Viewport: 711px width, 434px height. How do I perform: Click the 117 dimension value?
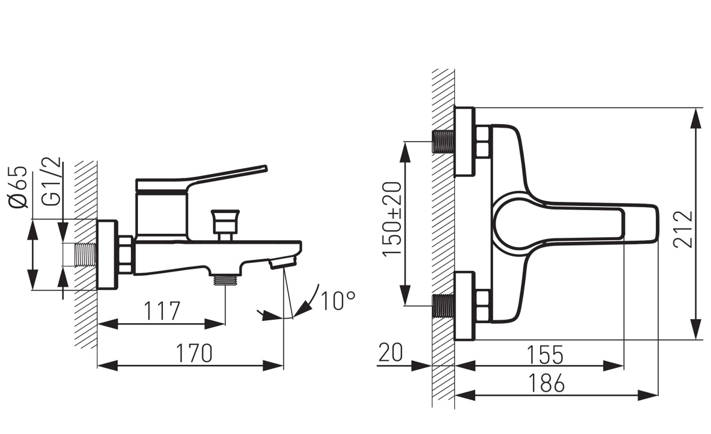point(162,310)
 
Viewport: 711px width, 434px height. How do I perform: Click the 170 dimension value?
point(194,353)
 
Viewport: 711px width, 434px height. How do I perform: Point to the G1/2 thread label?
point(51,182)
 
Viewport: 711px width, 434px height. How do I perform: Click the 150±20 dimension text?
point(392,219)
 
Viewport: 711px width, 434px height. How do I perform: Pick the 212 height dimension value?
point(683,229)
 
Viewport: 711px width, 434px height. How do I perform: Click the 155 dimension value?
point(545,355)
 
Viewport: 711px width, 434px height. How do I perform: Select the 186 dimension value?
point(546,383)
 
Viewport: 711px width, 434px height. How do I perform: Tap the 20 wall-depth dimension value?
point(391,352)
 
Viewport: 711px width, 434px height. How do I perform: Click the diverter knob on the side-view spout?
point(225,222)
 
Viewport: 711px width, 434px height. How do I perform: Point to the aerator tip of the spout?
point(282,263)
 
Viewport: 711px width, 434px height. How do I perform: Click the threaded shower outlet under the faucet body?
point(225,280)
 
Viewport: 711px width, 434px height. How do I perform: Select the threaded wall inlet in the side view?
point(86,255)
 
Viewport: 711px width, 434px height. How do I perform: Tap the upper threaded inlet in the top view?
point(443,142)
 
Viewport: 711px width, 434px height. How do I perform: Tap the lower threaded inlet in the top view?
point(443,306)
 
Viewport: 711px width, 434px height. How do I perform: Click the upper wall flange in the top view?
point(465,142)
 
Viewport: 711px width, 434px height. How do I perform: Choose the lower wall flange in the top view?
point(465,306)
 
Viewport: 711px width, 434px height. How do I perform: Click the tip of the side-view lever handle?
point(265,168)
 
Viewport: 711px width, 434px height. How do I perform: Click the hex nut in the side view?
point(126,254)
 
